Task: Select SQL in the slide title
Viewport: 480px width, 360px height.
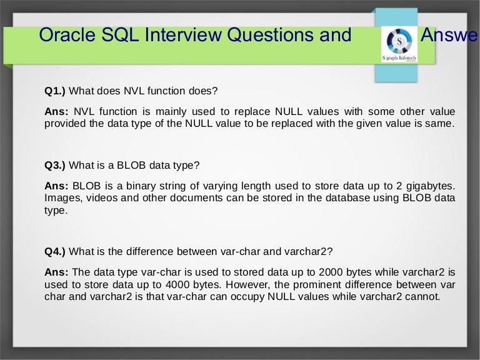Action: tap(120, 34)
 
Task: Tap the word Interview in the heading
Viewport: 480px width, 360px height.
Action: tap(182, 34)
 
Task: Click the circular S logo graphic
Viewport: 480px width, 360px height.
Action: tap(399, 41)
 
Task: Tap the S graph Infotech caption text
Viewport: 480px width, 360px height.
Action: tap(399, 58)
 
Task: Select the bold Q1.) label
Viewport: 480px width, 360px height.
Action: tap(55, 91)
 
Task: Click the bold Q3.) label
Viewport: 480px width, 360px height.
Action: tap(55, 165)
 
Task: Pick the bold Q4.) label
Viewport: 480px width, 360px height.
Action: tap(55, 252)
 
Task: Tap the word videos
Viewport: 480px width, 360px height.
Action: tap(102, 198)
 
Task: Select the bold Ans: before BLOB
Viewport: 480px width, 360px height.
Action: tap(56, 186)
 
